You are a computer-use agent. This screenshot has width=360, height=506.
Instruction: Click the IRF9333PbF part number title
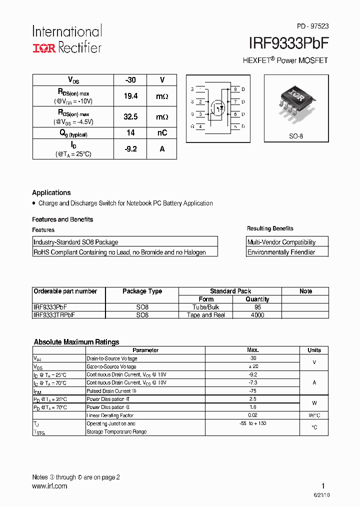click(288, 43)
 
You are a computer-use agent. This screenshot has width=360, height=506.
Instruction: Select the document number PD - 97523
click(312, 26)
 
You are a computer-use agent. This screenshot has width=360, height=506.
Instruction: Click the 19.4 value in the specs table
click(130, 96)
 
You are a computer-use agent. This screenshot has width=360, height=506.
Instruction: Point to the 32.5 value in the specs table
click(130, 116)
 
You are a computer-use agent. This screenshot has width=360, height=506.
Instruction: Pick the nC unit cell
click(162, 133)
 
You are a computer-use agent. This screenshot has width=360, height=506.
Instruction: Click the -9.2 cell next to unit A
click(130, 149)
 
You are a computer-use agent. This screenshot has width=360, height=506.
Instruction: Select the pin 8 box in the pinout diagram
click(235, 89)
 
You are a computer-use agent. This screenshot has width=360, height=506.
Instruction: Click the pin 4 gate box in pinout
click(200, 127)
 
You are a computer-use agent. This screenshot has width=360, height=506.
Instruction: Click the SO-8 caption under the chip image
click(296, 136)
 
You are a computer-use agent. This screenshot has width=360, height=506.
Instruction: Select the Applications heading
click(51, 192)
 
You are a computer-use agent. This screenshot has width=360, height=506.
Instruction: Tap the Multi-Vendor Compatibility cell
click(281, 242)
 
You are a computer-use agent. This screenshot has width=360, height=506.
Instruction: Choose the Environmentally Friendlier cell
click(281, 252)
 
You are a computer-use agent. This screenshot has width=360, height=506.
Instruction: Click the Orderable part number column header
click(65, 291)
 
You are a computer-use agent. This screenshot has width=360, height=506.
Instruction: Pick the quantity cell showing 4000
click(257, 315)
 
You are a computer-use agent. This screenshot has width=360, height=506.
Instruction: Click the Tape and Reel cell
click(206, 315)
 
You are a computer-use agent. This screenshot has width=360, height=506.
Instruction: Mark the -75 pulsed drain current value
click(253, 391)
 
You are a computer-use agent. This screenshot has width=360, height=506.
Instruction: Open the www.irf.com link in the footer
click(49, 486)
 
